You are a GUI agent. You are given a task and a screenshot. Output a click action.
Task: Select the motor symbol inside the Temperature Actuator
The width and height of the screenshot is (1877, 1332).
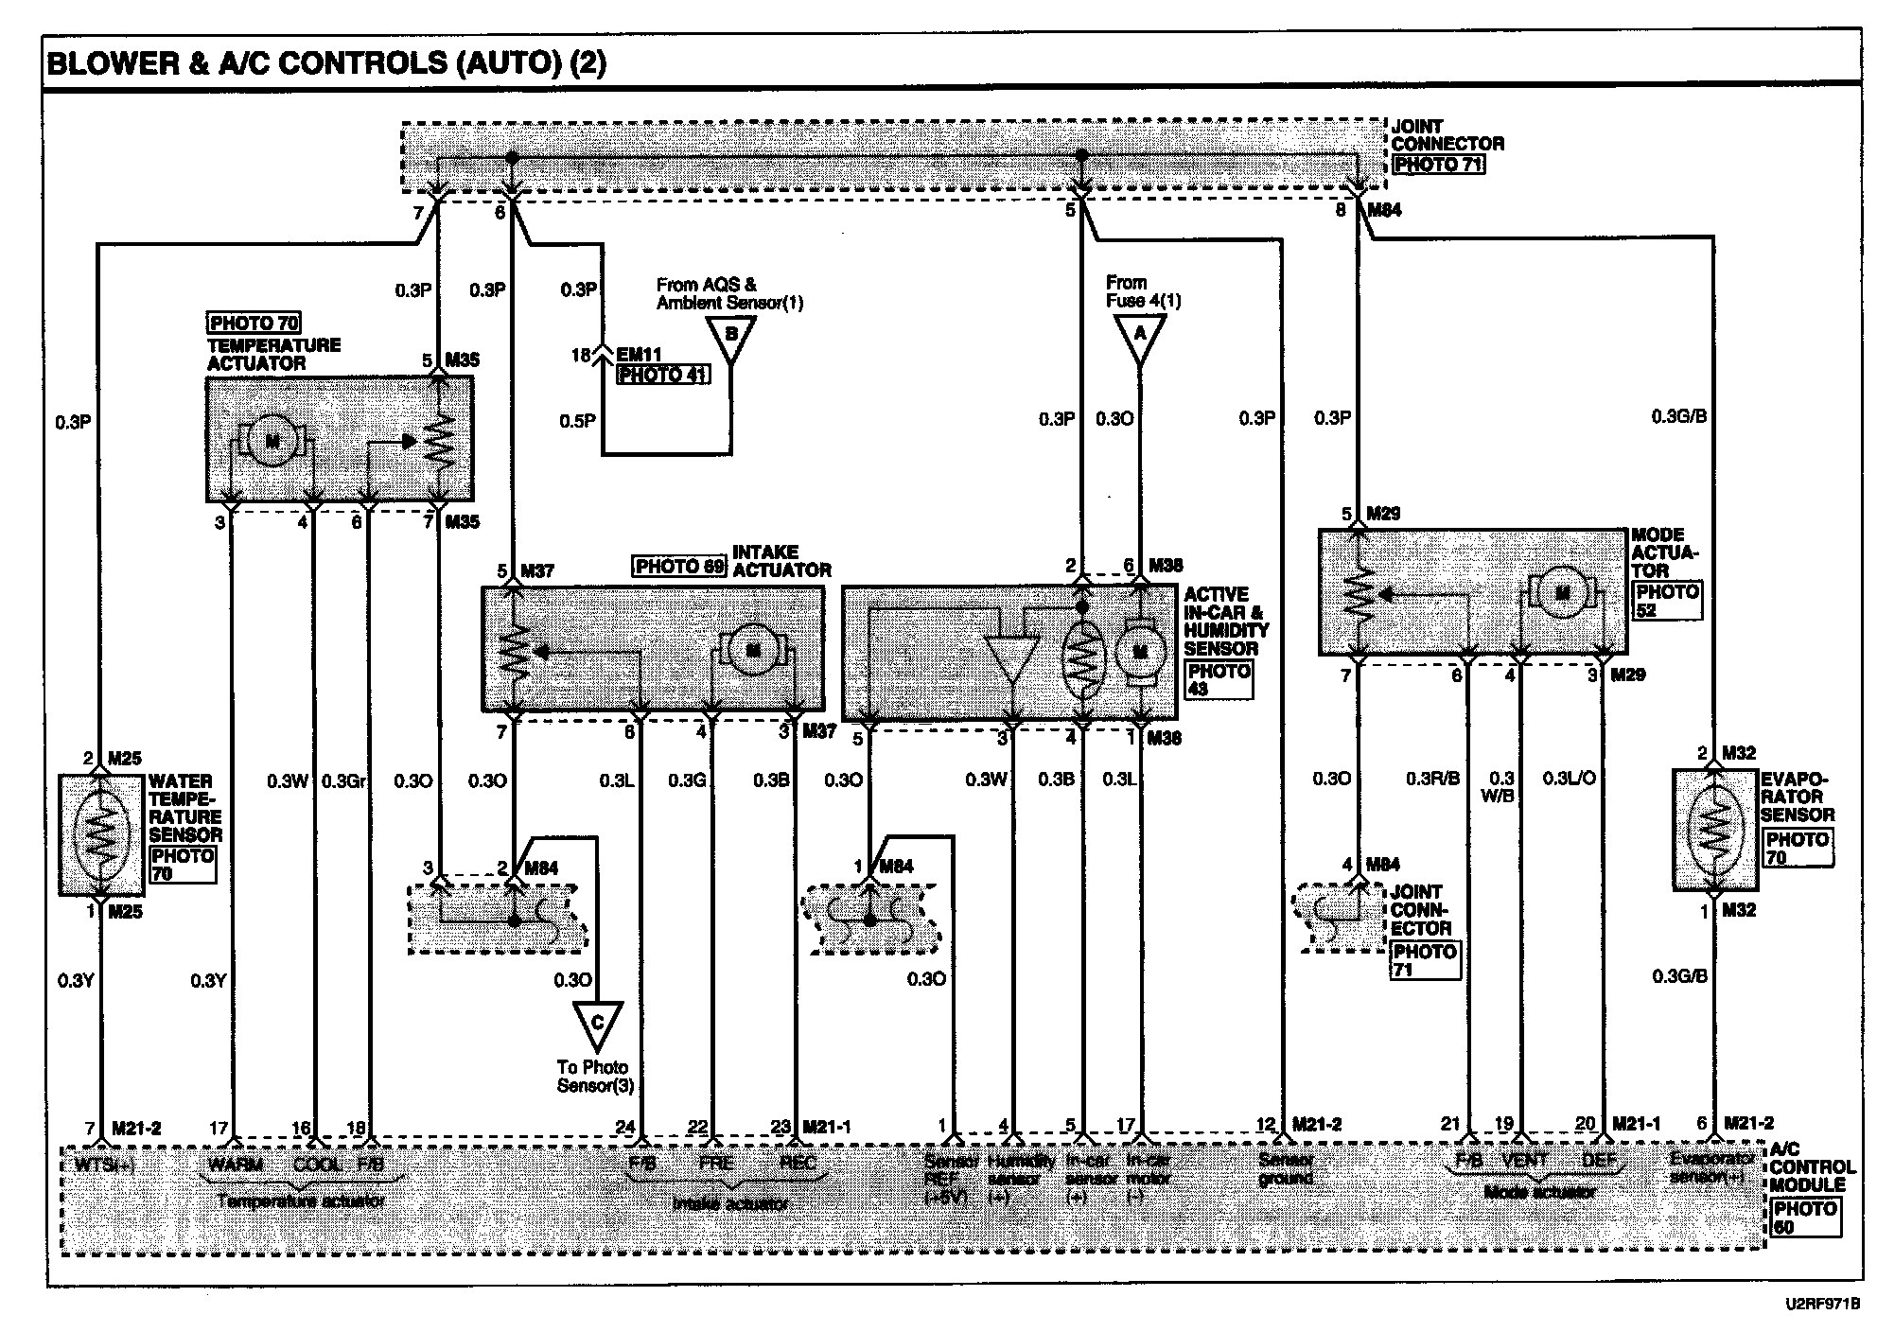pyautogui.click(x=272, y=441)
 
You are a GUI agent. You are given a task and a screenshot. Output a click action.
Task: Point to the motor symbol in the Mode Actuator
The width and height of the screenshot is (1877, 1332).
pyautogui.click(x=1562, y=593)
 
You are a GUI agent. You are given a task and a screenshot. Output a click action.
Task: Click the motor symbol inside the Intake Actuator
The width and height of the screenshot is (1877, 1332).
pyautogui.click(x=754, y=650)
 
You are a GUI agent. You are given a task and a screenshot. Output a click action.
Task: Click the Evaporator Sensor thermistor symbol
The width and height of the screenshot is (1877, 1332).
pyautogui.click(x=1713, y=830)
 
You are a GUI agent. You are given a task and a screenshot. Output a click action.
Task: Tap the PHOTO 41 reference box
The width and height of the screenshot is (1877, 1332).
pyautogui.click(x=663, y=375)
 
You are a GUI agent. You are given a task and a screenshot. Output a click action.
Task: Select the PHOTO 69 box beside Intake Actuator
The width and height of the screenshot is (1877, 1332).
pyautogui.click(x=679, y=567)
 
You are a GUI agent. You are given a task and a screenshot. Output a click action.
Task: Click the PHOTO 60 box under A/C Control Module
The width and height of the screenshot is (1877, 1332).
pyautogui.click(x=1806, y=1218)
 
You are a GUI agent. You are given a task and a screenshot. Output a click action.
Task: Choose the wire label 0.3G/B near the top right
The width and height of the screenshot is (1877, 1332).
pyautogui.click(x=1679, y=416)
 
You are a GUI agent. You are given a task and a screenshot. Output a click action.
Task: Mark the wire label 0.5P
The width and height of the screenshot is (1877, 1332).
pyautogui.click(x=577, y=420)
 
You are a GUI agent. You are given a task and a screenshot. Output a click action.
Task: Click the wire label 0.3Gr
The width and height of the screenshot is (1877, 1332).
pyautogui.click(x=344, y=781)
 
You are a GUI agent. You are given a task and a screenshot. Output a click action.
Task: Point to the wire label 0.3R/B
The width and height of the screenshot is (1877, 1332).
pyautogui.click(x=1432, y=779)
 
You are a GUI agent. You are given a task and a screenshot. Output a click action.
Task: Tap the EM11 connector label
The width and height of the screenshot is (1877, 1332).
pyautogui.click(x=640, y=355)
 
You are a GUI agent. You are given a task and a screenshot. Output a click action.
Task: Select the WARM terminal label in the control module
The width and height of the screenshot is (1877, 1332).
pyautogui.click(x=235, y=1164)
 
